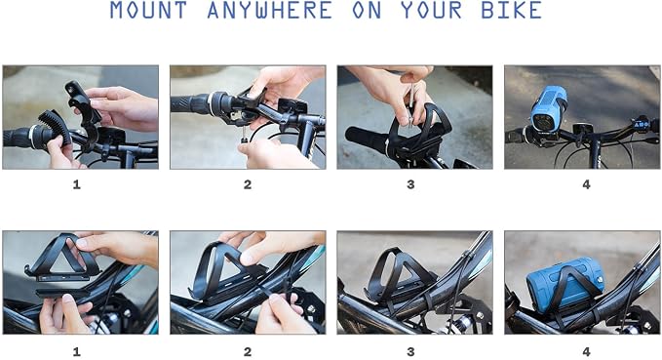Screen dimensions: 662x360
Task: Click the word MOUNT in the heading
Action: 148,10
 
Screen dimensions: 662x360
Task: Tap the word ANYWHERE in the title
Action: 269,10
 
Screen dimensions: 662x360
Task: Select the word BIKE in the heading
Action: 511,10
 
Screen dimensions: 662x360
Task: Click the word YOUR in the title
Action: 431,10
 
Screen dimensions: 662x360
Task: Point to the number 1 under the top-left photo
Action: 76,184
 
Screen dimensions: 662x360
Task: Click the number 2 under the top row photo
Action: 248,184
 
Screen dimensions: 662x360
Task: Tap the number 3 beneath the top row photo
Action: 410,184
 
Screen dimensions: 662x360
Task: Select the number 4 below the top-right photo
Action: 586,184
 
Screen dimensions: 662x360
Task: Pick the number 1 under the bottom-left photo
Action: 76,351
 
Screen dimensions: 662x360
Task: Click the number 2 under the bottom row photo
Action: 248,351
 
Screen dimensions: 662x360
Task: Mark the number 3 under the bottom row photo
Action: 410,351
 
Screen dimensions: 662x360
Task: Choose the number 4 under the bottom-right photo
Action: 586,351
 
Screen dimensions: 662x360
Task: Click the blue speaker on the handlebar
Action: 549,108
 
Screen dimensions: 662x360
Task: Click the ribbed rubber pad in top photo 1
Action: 55,126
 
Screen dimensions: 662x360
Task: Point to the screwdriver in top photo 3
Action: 409,104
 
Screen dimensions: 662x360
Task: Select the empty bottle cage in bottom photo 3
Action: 400,276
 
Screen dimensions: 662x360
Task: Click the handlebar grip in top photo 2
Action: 190,104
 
